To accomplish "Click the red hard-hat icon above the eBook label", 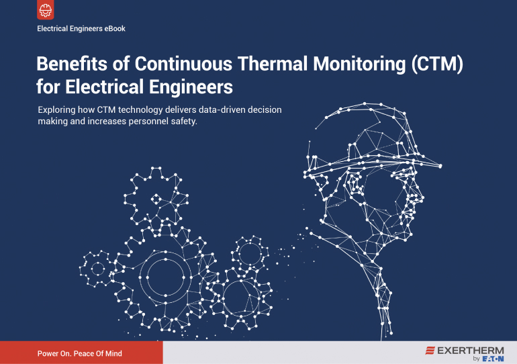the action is (46, 10).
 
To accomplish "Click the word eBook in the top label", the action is (115, 29).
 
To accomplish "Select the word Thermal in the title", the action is (273, 64).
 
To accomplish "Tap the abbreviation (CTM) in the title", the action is (437, 64).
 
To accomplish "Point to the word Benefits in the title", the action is (72, 64).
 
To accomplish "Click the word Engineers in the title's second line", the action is (191, 87).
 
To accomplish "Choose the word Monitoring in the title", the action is (359, 64).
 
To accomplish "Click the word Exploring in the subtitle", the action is (56, 110).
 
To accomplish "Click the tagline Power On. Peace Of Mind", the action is (80, 353).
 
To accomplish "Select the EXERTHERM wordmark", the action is (471, 351).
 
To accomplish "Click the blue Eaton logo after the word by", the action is (493, 359).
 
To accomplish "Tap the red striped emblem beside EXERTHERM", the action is (430, 351).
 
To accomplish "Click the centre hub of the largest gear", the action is (165, 277).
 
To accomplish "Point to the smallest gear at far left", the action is (97, 269).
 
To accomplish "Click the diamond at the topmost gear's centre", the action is (156, 199).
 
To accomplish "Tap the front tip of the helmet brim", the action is (440, 166).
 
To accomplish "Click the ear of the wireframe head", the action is (355, 184).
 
